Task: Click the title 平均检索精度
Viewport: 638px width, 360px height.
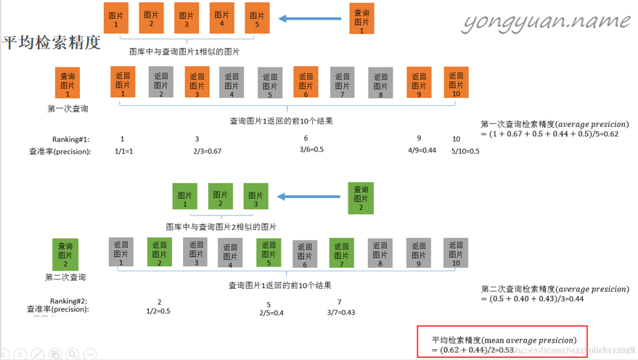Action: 51,43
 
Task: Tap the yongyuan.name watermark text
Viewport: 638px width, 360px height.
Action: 546,23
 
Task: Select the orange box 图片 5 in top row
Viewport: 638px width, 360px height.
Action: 257,18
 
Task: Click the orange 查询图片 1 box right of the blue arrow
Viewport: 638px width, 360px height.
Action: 361,18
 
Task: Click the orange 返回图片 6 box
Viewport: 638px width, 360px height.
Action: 306,81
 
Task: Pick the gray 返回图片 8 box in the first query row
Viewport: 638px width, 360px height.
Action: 380,83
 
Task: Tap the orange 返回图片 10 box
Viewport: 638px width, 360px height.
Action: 456,82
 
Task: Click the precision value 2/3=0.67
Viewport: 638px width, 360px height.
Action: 208,151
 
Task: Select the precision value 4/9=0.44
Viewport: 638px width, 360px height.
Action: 422,150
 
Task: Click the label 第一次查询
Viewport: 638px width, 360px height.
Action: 68,109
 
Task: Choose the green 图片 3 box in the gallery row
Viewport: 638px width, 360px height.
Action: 255,196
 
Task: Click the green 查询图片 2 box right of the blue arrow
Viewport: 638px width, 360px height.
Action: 361,197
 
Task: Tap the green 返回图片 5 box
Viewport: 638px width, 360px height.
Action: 269,252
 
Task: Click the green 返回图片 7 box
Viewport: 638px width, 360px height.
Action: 341,252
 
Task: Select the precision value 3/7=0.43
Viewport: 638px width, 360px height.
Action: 340,312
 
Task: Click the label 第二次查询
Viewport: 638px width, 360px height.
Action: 65,277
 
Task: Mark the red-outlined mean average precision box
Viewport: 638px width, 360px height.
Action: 502,341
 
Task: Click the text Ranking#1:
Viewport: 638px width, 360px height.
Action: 70,139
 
